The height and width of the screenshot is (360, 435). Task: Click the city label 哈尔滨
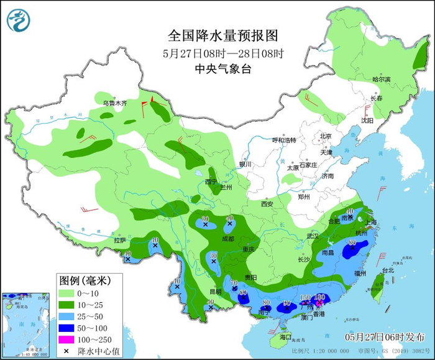click(x=381, y=80)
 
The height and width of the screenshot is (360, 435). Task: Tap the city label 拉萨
click(x=119, y=240)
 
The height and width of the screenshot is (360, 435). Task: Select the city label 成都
click(x=227, y=239)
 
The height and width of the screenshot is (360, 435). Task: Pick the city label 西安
click(x=267, y=204)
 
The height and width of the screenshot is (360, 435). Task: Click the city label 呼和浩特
click(x=285, y=140)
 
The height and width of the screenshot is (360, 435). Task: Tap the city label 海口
click(x=285, y=336)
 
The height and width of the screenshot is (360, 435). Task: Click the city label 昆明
click(x=215, y=291)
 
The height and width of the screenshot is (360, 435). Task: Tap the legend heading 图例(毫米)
click(x=80, y=280)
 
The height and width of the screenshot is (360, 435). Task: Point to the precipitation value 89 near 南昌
click(x=352, y=243)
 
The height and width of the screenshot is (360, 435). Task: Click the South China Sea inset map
click(x=25, y=323)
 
